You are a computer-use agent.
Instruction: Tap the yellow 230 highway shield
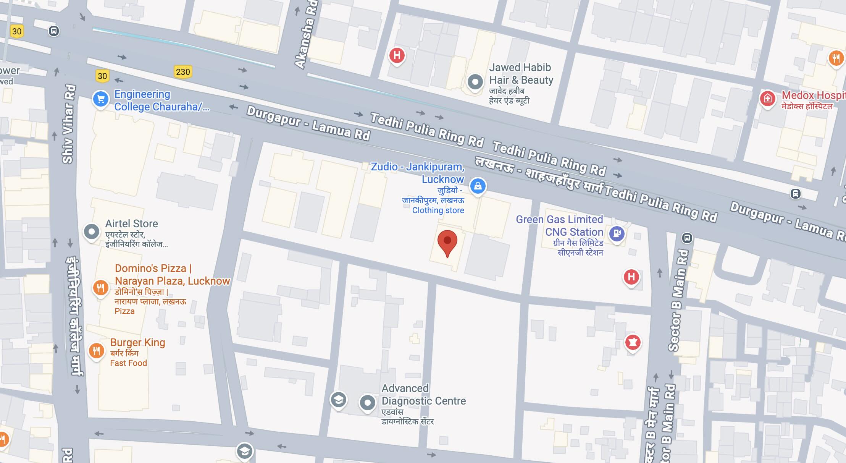(183, 71)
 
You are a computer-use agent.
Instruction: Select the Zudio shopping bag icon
(478, 186)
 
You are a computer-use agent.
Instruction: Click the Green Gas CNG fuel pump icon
(617, 233)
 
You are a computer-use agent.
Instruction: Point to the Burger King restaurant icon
(96, 350)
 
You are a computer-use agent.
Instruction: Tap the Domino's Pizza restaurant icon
(100, 288)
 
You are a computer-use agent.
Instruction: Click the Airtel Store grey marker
(92, 231)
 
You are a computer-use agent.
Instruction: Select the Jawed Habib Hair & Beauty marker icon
(475, 81)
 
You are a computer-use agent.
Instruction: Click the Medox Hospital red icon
(767, 99)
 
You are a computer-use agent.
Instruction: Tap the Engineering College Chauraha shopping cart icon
(101, 99)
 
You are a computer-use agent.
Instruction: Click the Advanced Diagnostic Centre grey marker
(368, 402)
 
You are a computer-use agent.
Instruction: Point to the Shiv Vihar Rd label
(68, 124)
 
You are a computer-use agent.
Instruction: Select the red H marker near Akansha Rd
(397, 55)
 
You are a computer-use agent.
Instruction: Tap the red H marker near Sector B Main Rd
(631, 277)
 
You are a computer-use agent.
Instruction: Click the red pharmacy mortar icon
(633, 342)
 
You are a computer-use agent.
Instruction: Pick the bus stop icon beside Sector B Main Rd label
(687, 238)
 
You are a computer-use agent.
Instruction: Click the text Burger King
(137, 342)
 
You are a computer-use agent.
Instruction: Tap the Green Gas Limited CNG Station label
(560, 226)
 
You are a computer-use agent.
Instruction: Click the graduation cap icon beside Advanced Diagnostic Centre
(338, 400)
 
